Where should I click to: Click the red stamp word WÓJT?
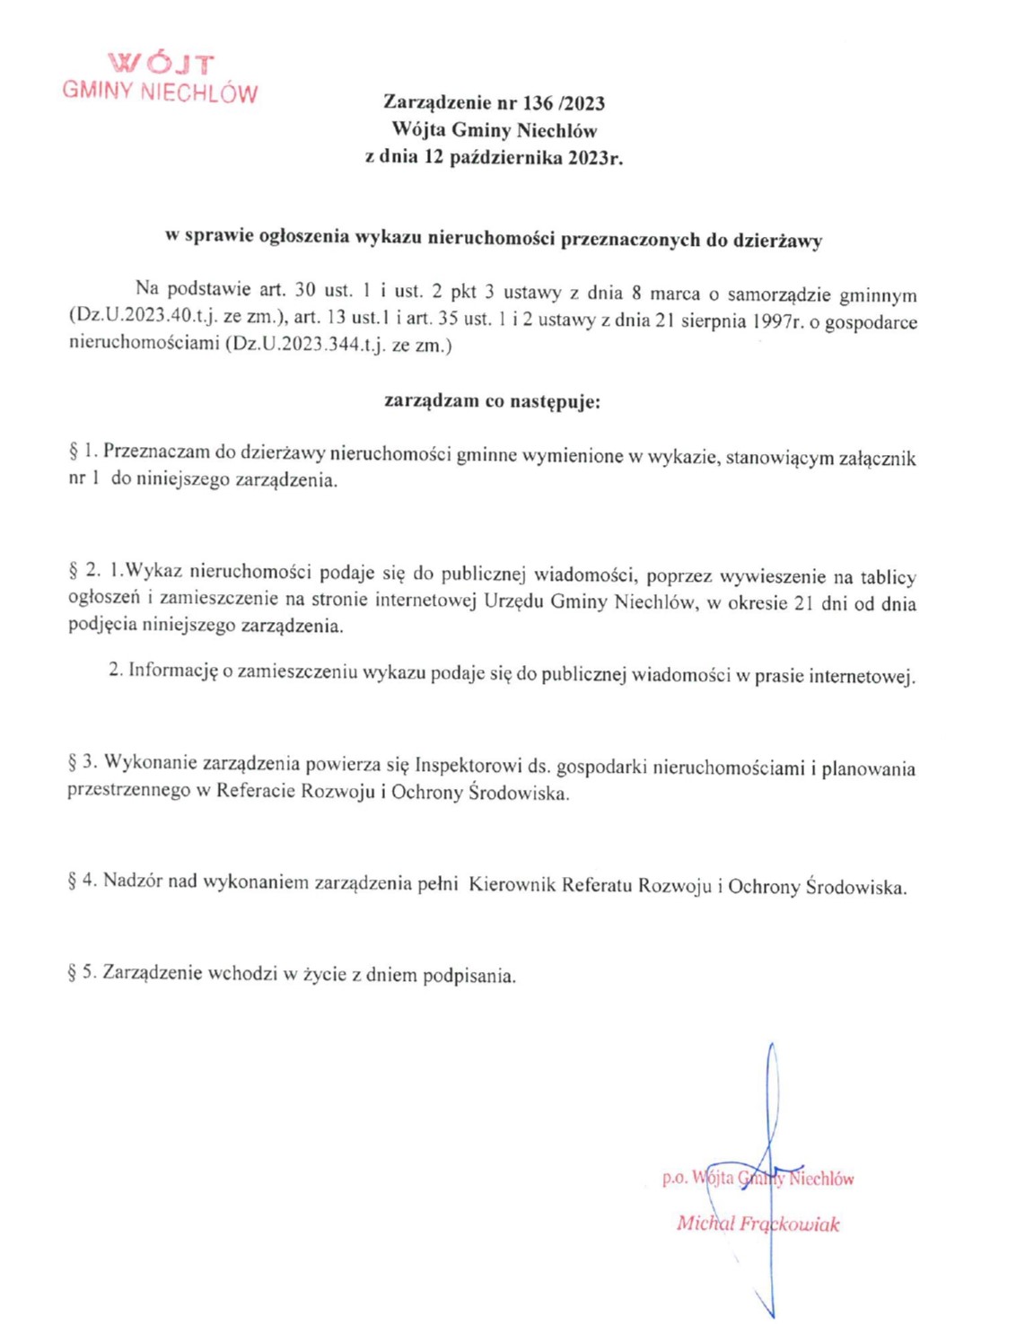pyautogui.click(x=161, y=64)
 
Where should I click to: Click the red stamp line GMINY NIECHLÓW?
pyautogui.click(x=160, y=92)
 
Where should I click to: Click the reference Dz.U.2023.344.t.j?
pyautogui.click(x=302, y=345)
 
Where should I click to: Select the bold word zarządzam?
pyautogui.click(x=431, y=401)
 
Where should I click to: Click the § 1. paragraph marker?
pyautogui.click(x=82, y=451)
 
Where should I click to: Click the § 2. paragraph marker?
pyautogui.click(x=83, y=570)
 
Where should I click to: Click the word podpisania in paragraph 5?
pyautogui.click(x=469, y=975)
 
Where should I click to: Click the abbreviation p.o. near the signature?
pyautogui.click(x=676, y=1178)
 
